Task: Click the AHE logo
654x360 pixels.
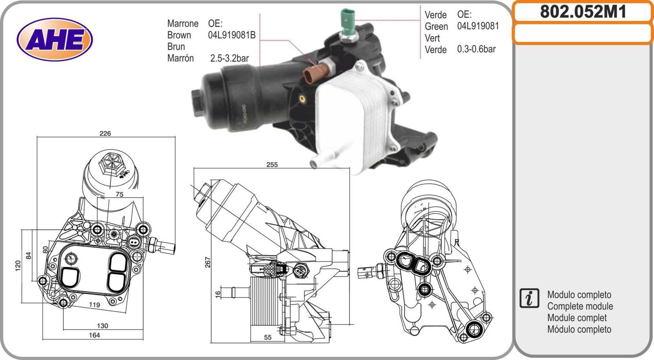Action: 55,39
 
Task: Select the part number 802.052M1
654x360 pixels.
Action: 583,12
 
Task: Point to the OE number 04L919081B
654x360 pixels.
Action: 232,35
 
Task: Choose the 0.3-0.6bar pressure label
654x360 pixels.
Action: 476,49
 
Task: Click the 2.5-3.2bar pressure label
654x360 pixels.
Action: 229,58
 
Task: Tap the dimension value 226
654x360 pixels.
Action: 105,134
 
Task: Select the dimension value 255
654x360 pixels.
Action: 272,165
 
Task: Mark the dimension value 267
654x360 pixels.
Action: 207,262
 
